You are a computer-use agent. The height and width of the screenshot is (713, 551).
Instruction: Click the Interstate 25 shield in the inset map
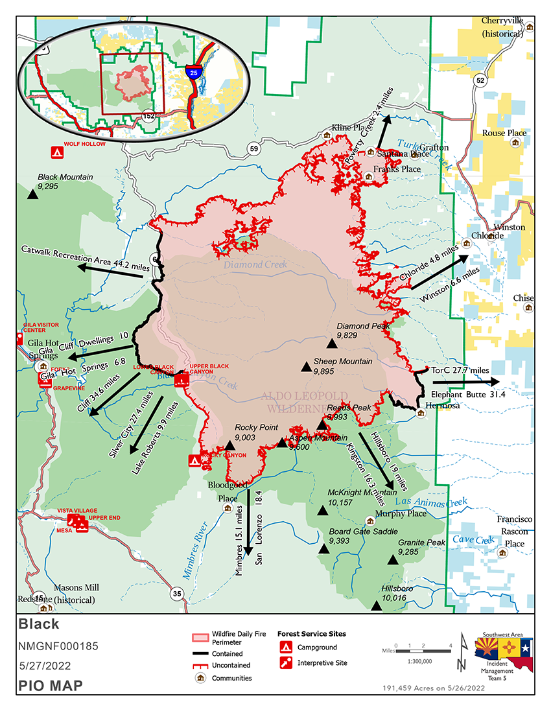point(193,71)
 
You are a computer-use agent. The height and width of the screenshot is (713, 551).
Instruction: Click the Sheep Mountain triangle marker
point(306,367)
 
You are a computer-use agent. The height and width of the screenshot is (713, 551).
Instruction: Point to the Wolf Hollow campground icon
point(56,153)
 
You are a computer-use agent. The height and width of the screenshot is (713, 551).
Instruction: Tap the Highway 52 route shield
point(479,80)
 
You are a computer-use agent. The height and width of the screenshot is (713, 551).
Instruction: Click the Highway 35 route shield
point(176,593)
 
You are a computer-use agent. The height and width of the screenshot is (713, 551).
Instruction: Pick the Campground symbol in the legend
point(285,647)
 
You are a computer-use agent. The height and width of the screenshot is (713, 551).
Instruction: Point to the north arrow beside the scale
point(461,652)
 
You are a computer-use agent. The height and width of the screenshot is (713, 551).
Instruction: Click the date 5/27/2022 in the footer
point(44,666)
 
